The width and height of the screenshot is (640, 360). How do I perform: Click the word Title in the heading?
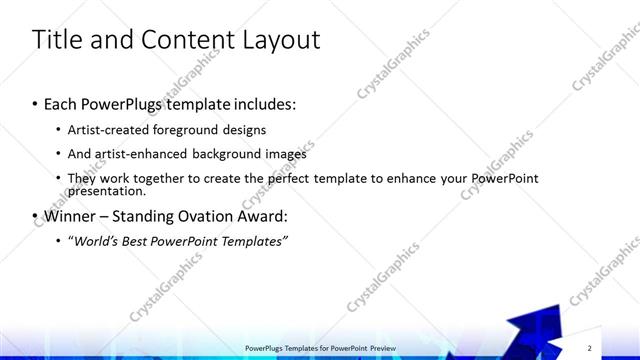point(58,40)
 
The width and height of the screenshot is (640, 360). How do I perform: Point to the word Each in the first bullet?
point(62,103)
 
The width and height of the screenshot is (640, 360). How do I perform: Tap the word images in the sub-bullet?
point(286,154)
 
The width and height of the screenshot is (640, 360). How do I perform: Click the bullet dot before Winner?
point(35,216)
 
